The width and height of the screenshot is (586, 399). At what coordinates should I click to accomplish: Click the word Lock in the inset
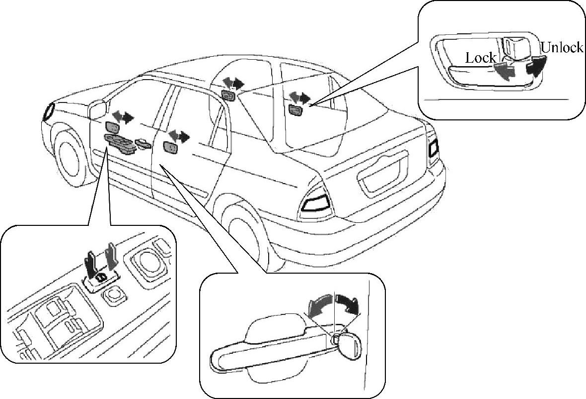[480, 58]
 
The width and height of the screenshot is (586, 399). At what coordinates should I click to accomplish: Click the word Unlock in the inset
[561, 48]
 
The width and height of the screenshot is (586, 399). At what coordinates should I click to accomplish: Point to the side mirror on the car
[97, 109]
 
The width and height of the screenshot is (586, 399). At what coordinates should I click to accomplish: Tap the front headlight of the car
[49, 110]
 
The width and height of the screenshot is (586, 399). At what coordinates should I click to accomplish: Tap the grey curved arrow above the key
[320, 303]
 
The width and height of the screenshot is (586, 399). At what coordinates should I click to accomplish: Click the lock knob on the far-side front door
[228, 96]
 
